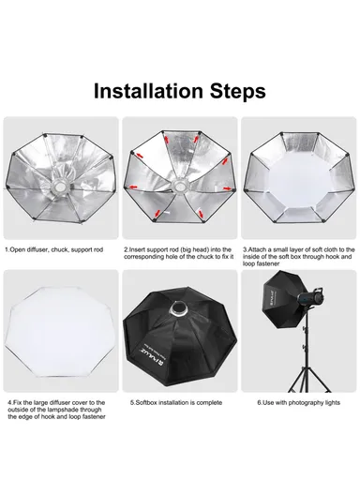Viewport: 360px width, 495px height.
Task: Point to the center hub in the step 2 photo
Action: point(180,183)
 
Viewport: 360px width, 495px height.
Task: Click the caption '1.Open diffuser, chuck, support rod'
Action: point(56,250)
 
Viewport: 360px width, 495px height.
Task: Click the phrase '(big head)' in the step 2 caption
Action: point(208,250)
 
